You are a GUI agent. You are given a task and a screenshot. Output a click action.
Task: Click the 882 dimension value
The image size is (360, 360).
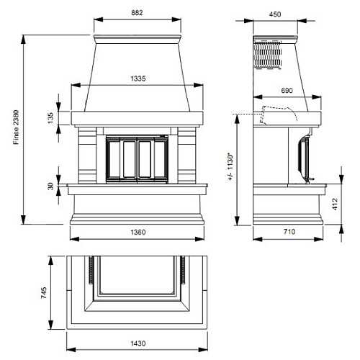(137, 13)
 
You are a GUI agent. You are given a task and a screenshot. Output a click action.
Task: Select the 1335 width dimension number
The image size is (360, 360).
(138, 78)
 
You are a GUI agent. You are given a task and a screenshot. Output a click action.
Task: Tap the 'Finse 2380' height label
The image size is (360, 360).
(17, 127)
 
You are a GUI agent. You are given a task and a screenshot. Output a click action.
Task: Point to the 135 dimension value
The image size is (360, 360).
(50, 118)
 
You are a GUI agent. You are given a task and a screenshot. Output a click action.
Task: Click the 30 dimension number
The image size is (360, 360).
(50, 186)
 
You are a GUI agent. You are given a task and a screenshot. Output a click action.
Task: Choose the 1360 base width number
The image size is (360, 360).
(138, 232)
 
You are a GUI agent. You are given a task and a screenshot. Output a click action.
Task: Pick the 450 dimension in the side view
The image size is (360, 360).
(275, 14)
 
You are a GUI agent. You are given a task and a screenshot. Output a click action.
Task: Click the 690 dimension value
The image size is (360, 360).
(287, 91)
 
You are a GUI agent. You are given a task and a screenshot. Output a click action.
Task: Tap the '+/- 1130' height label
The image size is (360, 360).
(230, 166)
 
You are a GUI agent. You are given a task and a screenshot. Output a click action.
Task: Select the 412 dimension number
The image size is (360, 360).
(335, 204)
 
